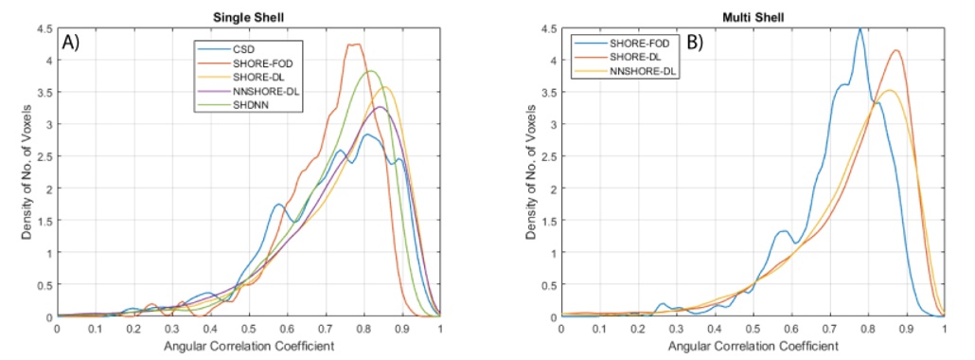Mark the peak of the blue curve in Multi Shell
860,29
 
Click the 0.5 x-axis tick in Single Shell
249,328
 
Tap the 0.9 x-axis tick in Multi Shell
906,328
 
